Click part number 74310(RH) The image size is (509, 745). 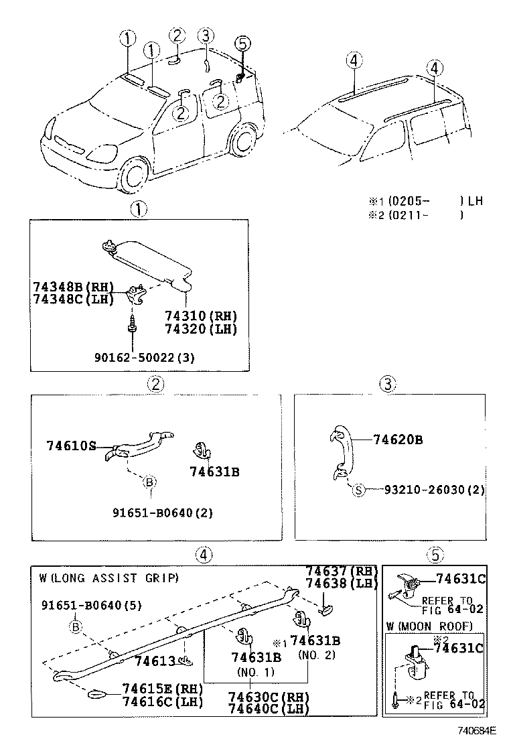click(x=201, y=316)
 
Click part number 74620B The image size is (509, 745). click(x=398, y=440)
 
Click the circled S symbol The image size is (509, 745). click(x=358, y=490)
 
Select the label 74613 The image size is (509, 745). click(x=155, y=661)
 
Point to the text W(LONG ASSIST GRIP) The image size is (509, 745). click(x=109, y=578)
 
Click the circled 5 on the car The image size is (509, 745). click(x=242, y=44)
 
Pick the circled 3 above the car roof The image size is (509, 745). click(x=206, y=36)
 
